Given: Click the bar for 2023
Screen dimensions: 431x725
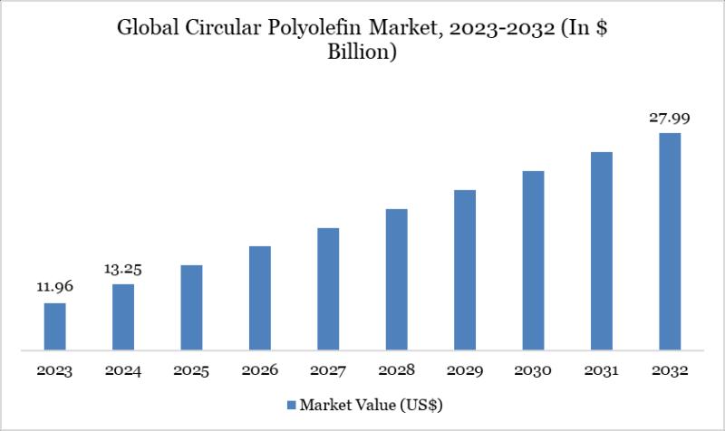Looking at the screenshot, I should pos(55,326).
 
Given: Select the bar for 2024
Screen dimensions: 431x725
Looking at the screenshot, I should pos(123,316).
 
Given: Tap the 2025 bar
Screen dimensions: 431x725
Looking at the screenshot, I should pos(191,307).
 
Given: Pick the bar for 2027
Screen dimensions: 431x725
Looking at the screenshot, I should pos(328,288).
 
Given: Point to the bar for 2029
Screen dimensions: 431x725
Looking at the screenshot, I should pos(465,269).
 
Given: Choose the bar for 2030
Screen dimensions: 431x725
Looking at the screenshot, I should pos(533,260).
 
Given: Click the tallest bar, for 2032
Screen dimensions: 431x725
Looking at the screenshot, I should pos(670,241).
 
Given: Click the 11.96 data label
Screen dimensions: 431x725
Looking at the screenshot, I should pos(55,287).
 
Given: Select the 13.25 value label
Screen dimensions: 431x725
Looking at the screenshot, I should pos(123,268).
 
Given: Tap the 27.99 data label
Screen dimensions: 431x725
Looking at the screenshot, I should pos(670,117).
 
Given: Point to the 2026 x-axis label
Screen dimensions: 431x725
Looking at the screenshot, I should pos(260,371).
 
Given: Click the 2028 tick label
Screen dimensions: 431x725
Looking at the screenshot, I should pos(396,371).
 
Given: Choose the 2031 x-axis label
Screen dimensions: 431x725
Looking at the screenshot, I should pos(602,371).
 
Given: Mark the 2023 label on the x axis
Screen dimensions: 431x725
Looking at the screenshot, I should pos(55,371).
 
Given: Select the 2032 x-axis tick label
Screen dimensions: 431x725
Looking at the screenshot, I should pos(670,371).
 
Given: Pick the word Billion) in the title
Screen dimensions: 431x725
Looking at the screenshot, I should pos(362,53).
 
